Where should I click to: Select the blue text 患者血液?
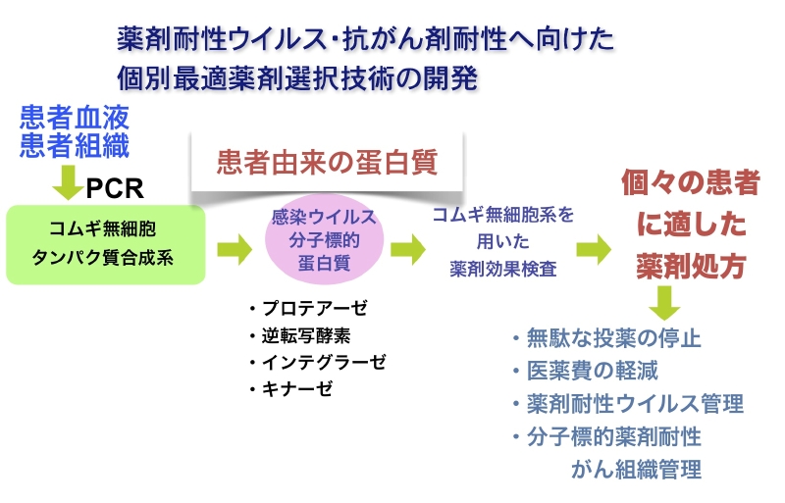coord(74,121)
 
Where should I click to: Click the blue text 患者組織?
coord(74,148)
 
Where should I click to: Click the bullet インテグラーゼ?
coord(317,362)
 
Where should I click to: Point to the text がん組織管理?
coord(636,470)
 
